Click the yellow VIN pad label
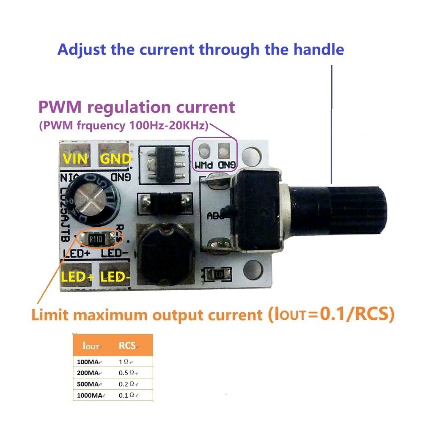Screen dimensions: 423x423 pyautogui.click(x=75, y=159)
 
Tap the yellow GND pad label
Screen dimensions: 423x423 pyautogui.click(x=115, y=159)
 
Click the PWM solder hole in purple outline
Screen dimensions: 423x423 pyautogui.click(x=205, y=151)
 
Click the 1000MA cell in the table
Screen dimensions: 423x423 pyautogui.click(x=89, y=395)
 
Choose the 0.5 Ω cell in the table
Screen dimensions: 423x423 pyautogui.click(x=128, y=373)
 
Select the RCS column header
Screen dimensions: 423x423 pyautogui.click(x=127, y=346)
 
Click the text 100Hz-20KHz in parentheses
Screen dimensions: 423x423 pyautogui.click(x=168, y=126)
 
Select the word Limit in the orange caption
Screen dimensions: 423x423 pyautogui.click(x=52, y=315)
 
